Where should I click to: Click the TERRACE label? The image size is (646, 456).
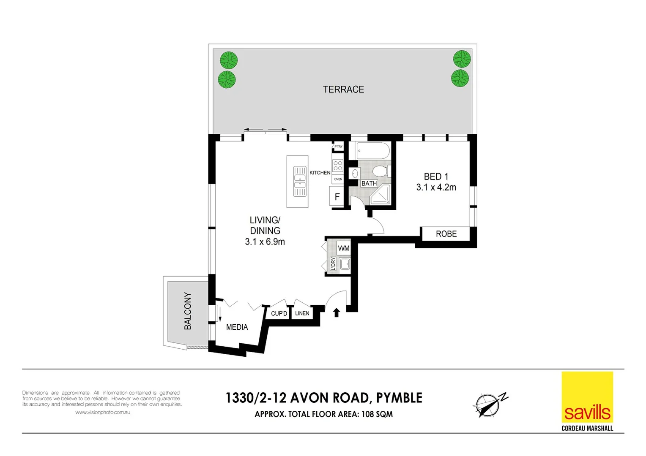point(343,90)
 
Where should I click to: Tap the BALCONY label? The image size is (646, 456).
point(188,311)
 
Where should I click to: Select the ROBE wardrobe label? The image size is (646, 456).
point(446,234)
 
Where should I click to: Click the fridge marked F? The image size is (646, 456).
point(337,197)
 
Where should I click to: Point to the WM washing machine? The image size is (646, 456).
point(344,248)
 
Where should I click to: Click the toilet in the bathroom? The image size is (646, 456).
point(380,171)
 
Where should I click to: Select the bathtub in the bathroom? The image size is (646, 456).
point(373,151)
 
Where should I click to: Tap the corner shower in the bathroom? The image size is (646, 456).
point(381,195)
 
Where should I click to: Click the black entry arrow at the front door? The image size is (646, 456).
point(337,312)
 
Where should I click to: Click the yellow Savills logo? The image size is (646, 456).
point(587,397)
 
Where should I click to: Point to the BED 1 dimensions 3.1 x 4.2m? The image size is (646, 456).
point(436,187)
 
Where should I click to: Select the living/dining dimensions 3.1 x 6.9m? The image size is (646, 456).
point(265,242)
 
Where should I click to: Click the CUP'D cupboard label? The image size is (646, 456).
point(279,313)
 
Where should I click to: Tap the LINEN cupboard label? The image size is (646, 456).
point(302,313)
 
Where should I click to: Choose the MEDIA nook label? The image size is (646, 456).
point(237,327)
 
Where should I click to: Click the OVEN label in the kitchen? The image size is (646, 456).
point(338,179)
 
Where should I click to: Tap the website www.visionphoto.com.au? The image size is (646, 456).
point(103,413)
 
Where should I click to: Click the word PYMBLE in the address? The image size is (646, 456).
point(399,398)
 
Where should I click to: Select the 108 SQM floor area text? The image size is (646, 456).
point(377,415)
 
